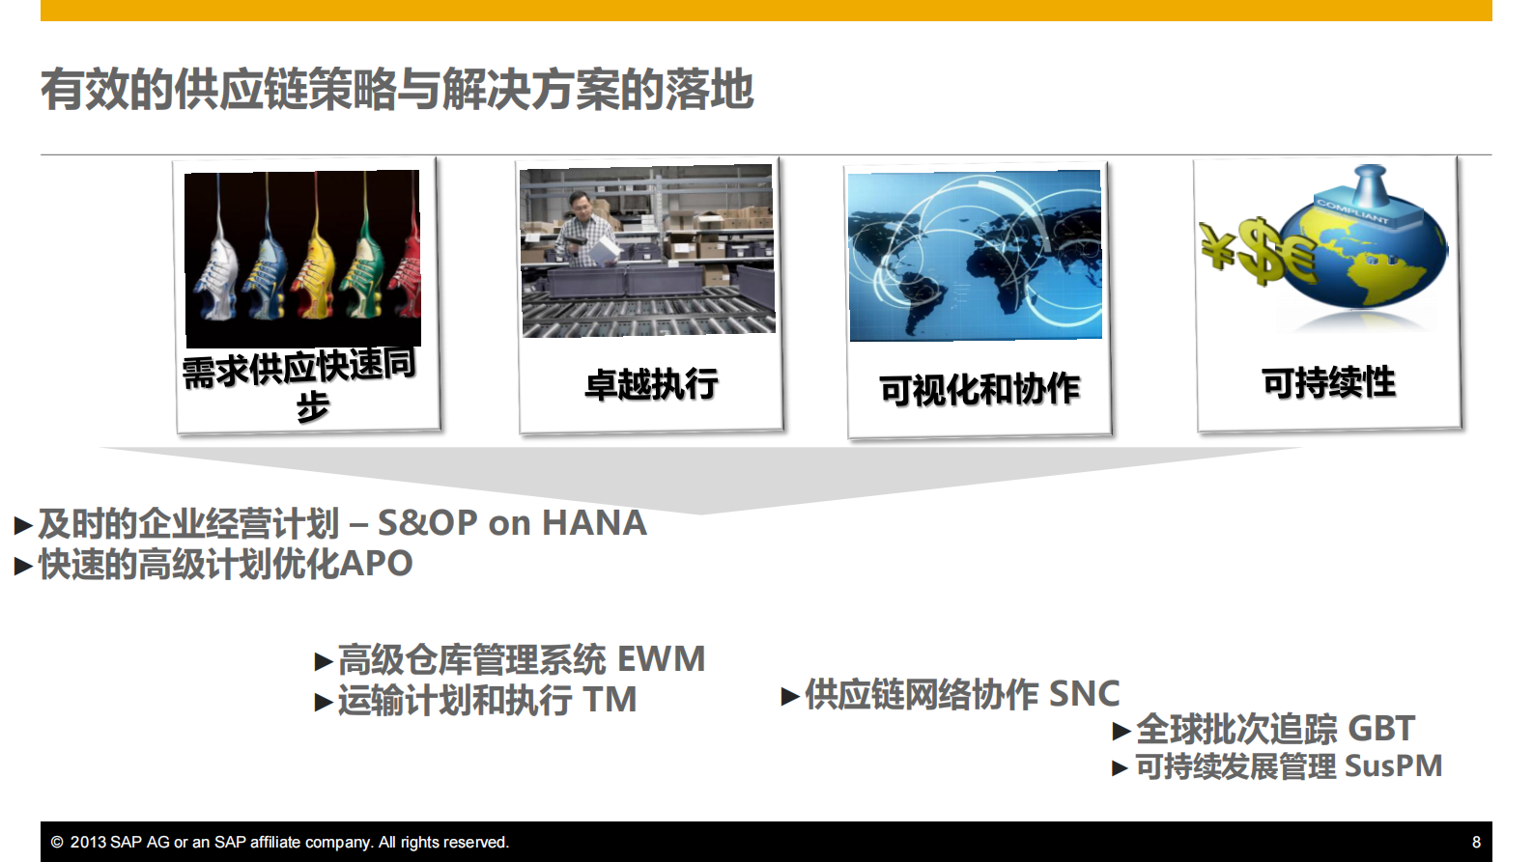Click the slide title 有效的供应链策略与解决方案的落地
click(396, 90)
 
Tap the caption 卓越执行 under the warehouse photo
click(651, 384)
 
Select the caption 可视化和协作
click(979, 389)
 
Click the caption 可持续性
click(1328, 382)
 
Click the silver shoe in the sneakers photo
click(214, 280)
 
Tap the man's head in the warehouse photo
click(579, 205)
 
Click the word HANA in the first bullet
click(593, 523)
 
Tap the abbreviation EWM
click(661, 659)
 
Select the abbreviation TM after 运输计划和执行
click(610, 700)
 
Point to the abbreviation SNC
click(1083, 694)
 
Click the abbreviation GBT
click(1380, 729)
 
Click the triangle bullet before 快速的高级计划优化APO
click(23, 566)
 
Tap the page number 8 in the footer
click(1475, 842)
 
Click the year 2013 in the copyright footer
click(88, 842)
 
